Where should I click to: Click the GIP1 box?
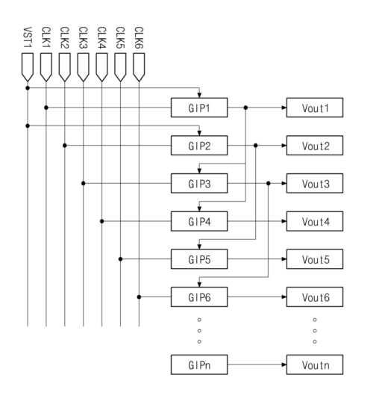[x=199, y=108]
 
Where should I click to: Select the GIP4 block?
[x=199, y=221]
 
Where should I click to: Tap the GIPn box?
[x=199, y=364]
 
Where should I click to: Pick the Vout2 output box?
[x=315, y=146]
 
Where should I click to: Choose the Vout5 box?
[x=315, y=259]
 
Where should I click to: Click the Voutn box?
[x=315, y=364]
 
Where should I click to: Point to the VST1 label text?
[x=28, y=37]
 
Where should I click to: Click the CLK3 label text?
[x=83, y=37]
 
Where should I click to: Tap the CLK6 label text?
[x=139, y=37]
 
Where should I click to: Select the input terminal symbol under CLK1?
[x=46, y=67]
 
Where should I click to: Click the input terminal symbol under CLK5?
[x=120, y=67]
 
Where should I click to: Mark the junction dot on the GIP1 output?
[x=245, y=108]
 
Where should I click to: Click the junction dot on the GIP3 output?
[x=268, y=183]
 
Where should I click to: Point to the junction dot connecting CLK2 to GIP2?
[x=65, y=146]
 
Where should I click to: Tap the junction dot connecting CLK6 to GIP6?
[x=139, y=297]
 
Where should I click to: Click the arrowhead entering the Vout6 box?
[x=284, y=297]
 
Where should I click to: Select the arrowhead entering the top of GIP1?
[x=199, y=96]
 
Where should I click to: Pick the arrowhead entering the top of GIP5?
[x=199, y=246]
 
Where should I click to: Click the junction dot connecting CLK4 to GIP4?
[x=101, y=221]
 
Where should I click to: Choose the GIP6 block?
[x=199, y=297]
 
